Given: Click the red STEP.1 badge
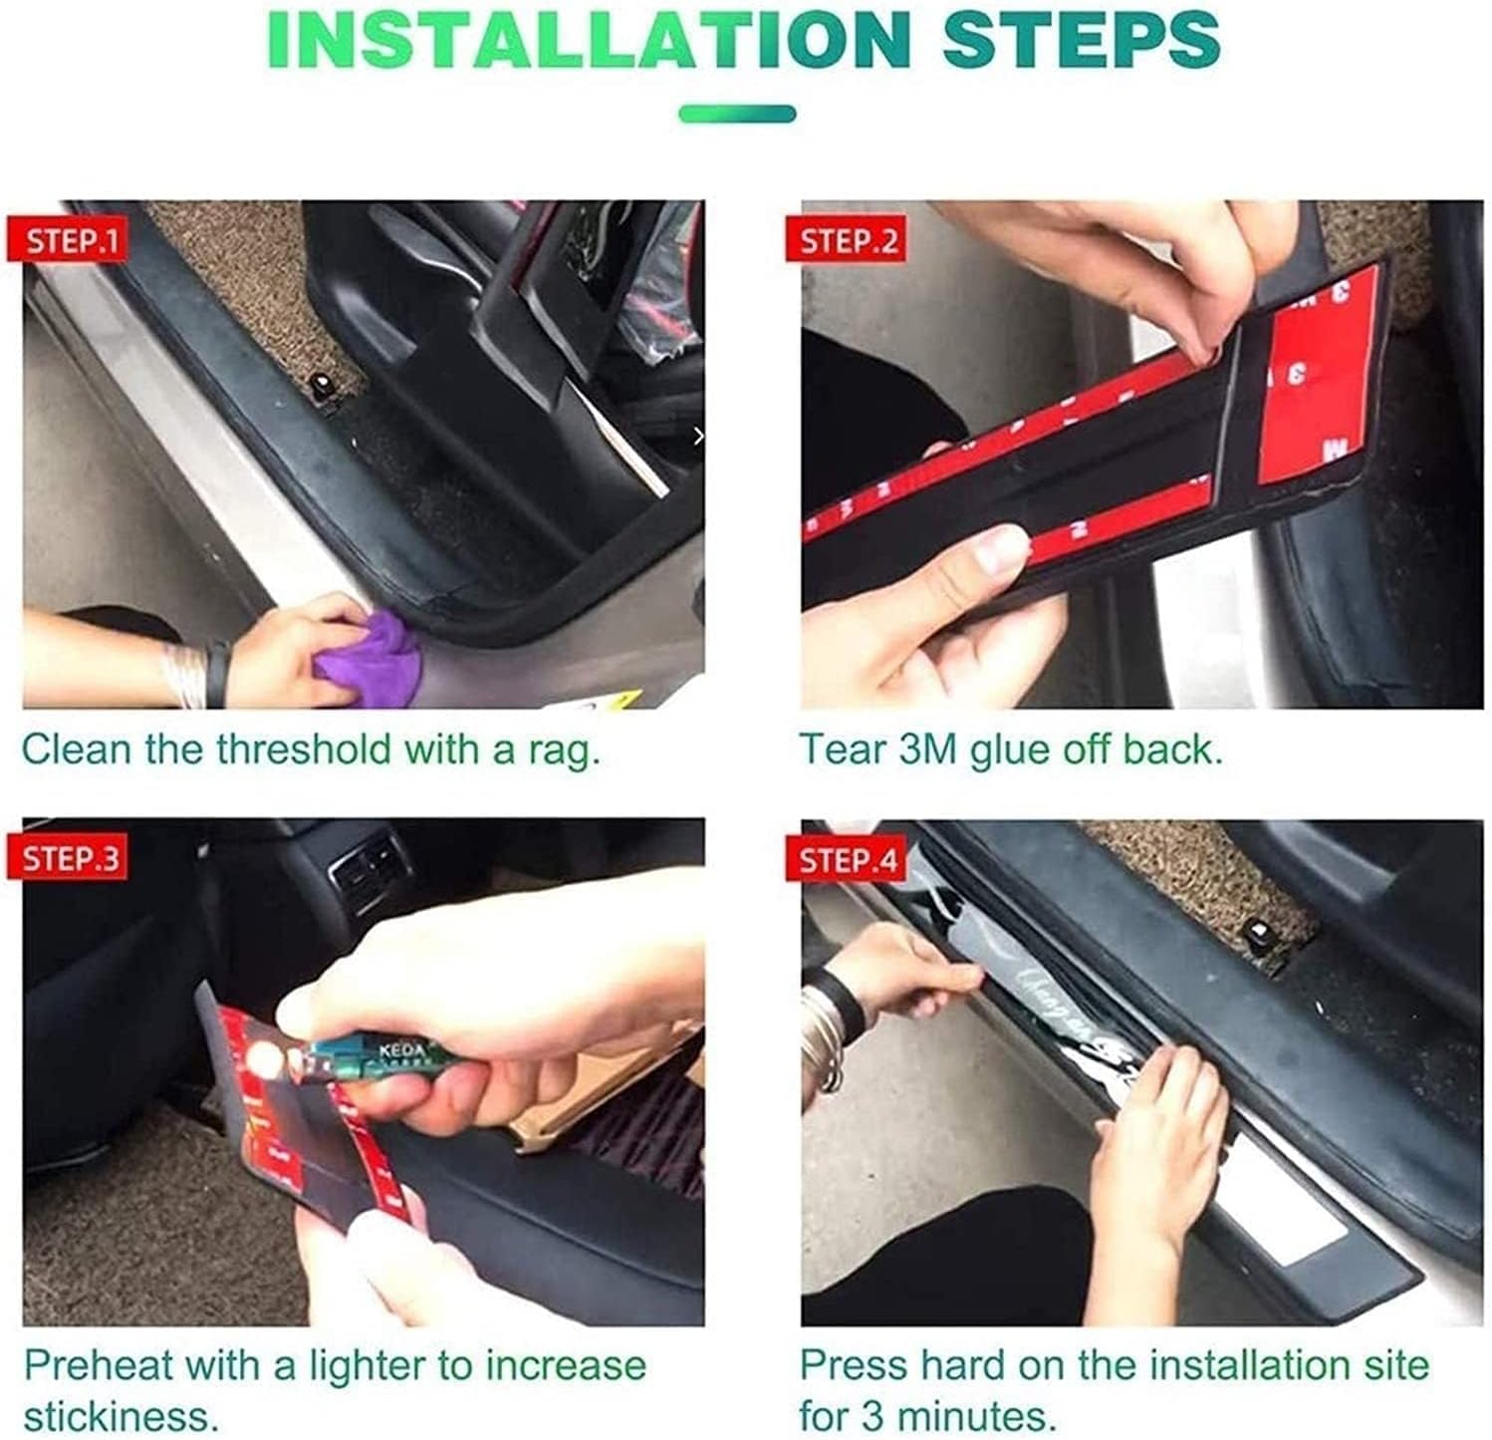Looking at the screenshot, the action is pyautogui.click(x=72, y=240).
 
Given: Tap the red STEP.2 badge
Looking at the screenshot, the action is pyautogui.click(x=850, y=240).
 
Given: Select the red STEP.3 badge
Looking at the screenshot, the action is pyautogui.click(x=72, y=857).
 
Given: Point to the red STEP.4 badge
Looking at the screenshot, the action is pyautogui.click(x=850, y=859).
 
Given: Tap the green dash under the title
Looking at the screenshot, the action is pyautogui.click(x=737, y=113).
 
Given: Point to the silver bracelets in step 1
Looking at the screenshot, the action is pyautogui.click(x=189, y=674).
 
